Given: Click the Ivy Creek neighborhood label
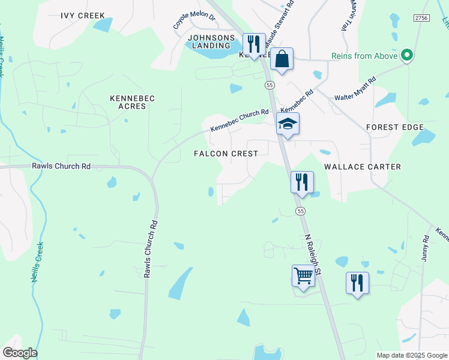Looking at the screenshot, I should click(83, 16).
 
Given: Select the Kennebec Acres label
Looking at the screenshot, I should click(128, 101).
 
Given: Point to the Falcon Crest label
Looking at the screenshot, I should click(226, 154).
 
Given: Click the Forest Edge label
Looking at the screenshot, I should click(395, 127).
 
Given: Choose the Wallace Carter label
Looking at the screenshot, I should click(363, 166).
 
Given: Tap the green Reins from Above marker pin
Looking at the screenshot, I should click(408, 56).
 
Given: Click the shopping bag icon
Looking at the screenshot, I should click(282, 59).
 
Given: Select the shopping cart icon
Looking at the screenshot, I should click(304, 277).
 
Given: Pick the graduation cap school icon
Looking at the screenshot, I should click(288, 125).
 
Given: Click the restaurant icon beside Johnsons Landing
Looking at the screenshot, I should click(254, 44).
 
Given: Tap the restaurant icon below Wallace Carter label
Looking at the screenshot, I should click(302, 182).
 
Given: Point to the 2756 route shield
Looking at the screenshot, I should click(421, 19).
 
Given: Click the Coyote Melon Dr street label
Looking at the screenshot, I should click(194, 19).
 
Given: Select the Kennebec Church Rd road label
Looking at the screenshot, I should click(240, 121).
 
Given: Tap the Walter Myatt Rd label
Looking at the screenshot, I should click(355, 89).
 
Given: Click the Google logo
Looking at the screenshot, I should click(20, 352).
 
